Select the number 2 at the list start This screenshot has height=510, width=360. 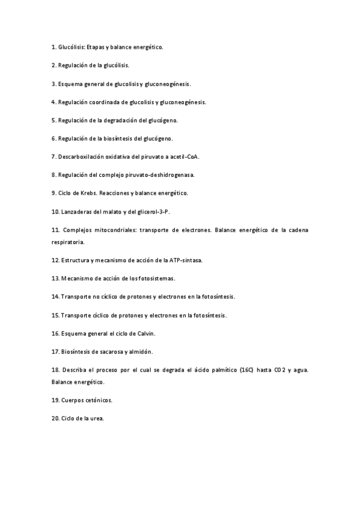53,65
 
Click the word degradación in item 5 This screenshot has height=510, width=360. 120,120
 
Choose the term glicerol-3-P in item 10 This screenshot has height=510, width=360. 159,212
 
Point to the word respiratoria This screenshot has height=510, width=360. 68,242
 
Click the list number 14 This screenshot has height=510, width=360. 55,296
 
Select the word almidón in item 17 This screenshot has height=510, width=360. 139,352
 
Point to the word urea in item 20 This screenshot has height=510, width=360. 97,419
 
